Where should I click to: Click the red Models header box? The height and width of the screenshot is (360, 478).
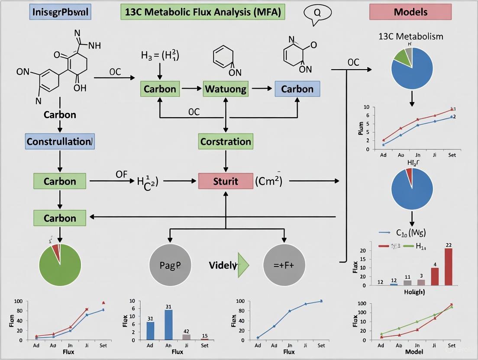point(410,12)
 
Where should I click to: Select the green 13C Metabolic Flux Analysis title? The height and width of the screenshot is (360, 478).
point(203,12)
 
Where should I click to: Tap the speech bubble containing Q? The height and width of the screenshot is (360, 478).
point(317,13)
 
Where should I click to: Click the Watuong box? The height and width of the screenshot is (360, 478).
point(226,89)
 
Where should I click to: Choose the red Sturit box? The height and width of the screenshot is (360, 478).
point(226,181)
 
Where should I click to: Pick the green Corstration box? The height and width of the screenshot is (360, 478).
point(226,141)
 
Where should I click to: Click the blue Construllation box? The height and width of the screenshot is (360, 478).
point(60,141)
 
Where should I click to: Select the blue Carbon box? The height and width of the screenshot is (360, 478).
point(297,89)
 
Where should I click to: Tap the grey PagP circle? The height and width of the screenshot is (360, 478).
point(170,265)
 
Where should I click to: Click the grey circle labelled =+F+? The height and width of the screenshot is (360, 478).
point(284,265)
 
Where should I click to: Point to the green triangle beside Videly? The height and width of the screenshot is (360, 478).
point(243,265)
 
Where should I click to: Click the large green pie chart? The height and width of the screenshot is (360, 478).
point(60,265)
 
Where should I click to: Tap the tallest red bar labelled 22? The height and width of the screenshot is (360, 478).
point(449,267)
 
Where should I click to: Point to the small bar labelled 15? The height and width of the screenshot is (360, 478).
point(204,339)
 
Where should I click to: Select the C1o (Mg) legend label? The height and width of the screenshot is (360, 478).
point(411,233)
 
